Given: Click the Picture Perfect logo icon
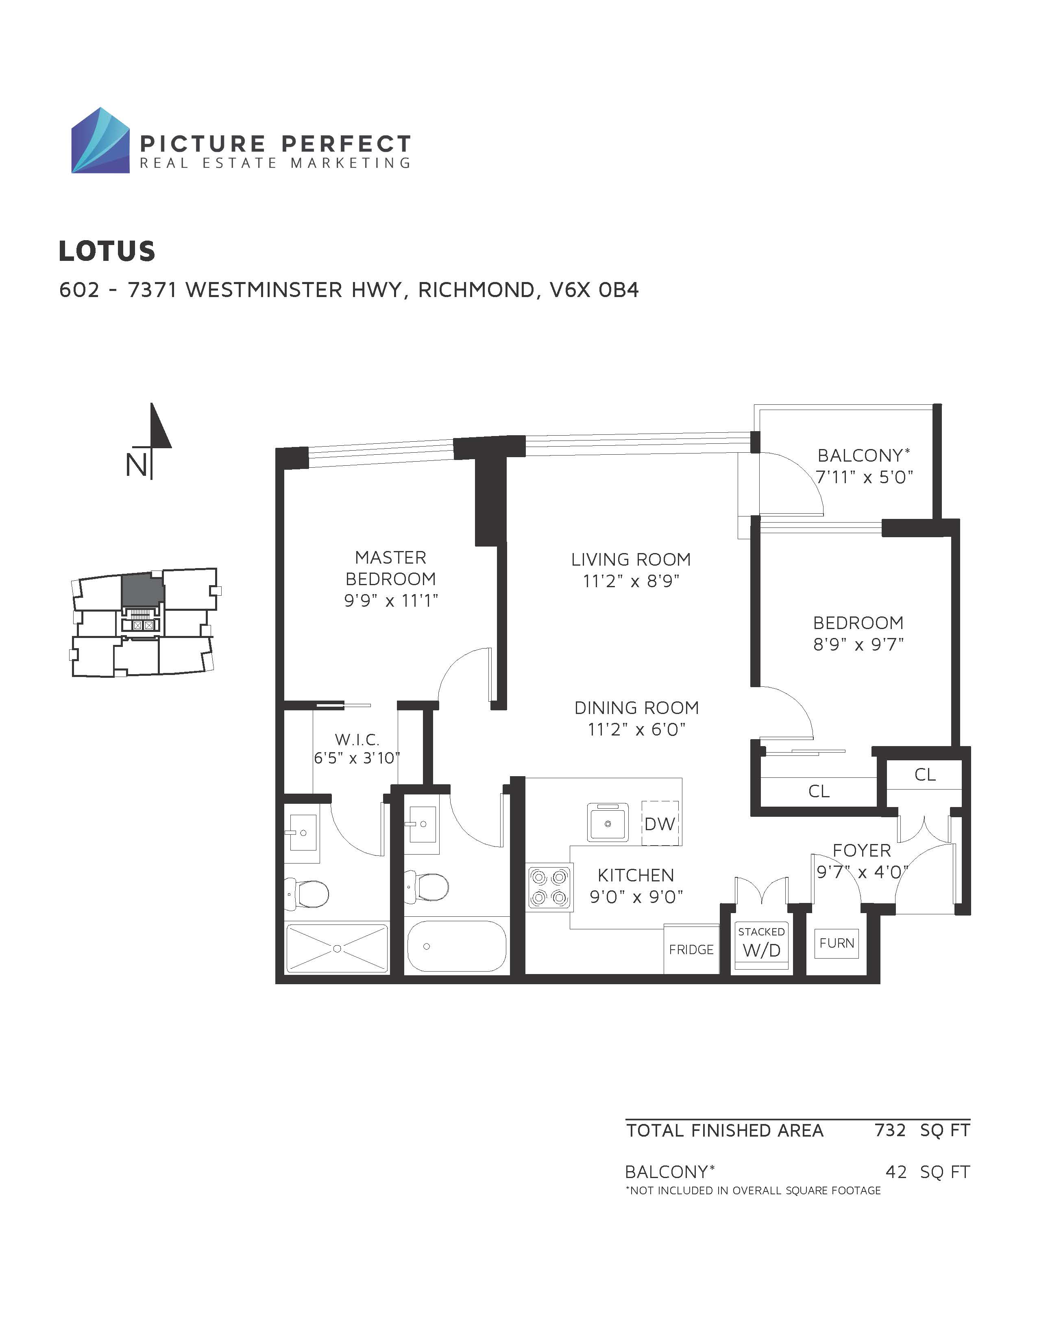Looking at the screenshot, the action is click(100, 141).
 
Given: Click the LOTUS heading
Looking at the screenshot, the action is click(107, 251).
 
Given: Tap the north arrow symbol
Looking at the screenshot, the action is click(150, 440).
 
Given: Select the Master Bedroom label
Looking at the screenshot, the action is click(391, 568).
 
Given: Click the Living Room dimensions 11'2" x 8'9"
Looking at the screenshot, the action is click(631, 581).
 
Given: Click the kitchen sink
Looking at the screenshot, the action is click(608, 822).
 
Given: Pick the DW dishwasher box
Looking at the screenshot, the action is click(660, 823).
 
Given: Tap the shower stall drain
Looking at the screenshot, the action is click(337, 948).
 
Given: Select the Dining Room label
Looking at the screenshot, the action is click(636, 708).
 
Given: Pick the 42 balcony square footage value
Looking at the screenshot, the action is click(896, 1172).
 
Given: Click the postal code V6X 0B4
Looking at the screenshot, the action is click(594, 290).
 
